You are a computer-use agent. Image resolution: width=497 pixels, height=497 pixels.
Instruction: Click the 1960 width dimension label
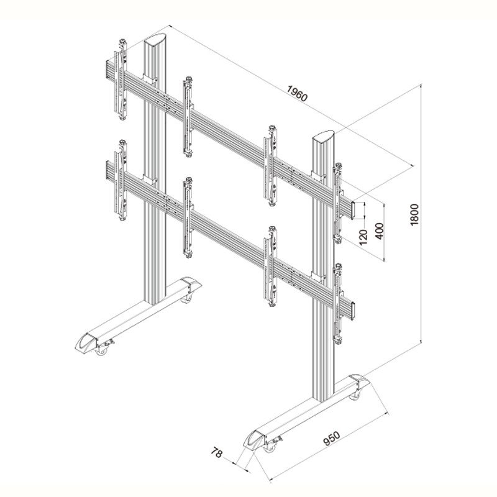coord(297,93)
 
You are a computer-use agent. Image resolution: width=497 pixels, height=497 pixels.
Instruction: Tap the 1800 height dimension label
coord(414,215)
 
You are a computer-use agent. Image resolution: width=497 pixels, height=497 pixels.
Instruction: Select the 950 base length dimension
coord(332,439)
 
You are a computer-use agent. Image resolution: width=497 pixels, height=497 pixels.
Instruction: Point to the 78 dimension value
coord(216,452)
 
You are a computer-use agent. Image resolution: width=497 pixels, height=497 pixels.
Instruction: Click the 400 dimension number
coord(379,231)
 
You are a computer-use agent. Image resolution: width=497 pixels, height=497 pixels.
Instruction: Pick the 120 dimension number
coord(363,237)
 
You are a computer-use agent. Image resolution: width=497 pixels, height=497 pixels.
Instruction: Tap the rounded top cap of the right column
coord(323,135)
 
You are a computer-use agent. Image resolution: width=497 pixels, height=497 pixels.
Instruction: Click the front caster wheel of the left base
coord(101,350)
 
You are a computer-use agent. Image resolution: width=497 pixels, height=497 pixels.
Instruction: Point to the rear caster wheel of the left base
coord(186,299)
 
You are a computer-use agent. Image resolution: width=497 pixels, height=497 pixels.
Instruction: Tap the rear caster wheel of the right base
coord(355,395)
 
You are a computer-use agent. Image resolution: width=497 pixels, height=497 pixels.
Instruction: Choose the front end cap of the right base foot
coord(254,439)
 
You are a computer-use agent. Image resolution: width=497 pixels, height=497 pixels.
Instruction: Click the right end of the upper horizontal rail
coord(353,210)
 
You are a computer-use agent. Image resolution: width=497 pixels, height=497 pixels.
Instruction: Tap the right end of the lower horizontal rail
coord(352,311)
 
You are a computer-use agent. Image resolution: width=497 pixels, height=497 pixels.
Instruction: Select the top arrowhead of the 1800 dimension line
coord(421,86)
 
